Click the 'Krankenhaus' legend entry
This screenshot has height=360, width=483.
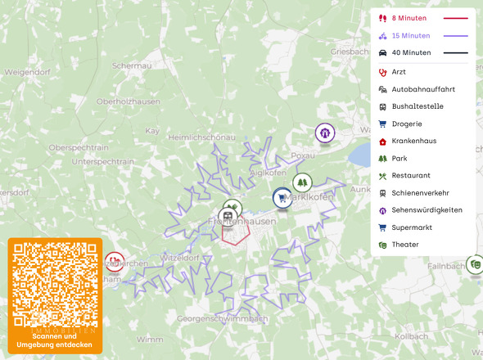click(413, 141)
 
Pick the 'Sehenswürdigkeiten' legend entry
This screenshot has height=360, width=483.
click(427, 210)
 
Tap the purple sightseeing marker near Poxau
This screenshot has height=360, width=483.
click(325, 132)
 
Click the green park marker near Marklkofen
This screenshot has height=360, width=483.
click(303, 182)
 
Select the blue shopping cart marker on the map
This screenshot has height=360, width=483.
click(282, 197)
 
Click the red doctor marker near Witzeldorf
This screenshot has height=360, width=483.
click(115, 262)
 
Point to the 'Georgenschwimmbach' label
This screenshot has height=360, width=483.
click(223, 317)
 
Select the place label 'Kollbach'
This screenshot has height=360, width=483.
click(411, 336)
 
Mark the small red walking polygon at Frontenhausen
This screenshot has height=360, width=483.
click(235, 234)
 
